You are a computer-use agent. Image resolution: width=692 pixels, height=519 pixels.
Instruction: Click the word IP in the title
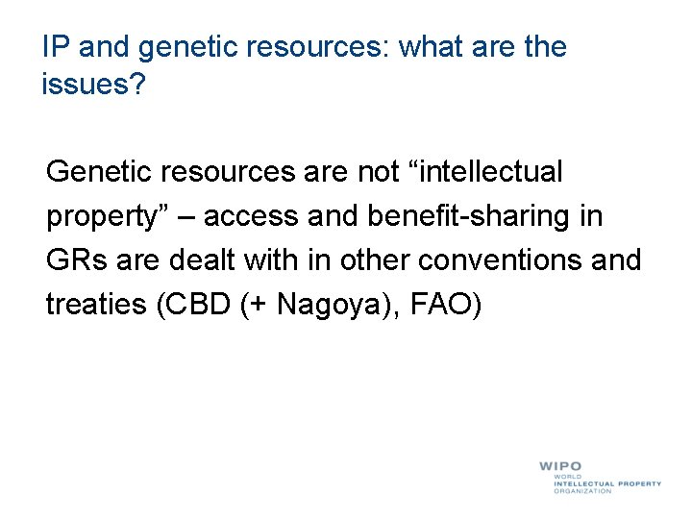point(55,46)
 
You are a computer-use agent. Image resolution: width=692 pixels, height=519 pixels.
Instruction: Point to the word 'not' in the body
point(379,173)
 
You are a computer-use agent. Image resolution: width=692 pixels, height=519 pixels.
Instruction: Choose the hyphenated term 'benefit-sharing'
point(470,217)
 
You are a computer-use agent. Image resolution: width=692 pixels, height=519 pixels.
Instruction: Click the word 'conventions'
point(519,260)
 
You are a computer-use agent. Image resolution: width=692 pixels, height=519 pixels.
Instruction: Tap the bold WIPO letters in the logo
point(559,466)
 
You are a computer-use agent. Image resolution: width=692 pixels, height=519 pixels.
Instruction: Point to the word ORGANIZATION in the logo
point(581,491)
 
